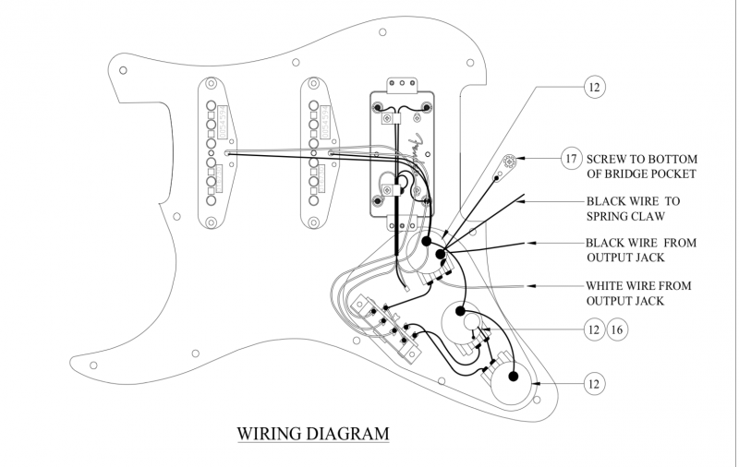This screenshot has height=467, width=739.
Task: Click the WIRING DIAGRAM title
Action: coord(313,432)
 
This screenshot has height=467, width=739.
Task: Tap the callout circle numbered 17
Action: coord(573,158)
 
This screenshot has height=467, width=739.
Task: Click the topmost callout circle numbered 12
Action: coord(595,89)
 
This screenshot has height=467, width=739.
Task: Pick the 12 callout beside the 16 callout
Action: coord(594,329)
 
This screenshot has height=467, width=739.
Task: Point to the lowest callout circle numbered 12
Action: coord(595,382)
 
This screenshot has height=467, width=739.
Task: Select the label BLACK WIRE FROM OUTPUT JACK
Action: coord(640,250)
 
